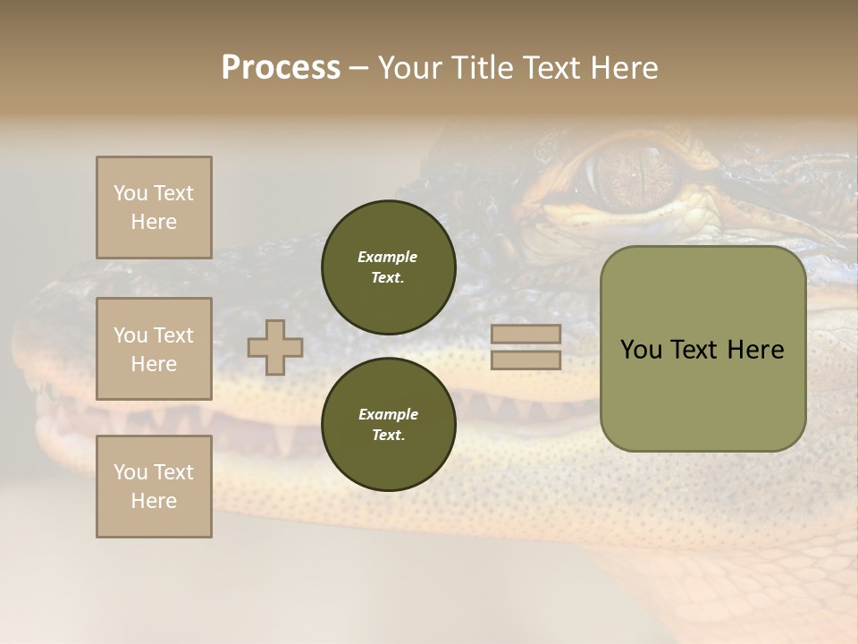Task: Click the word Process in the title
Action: (281, 67)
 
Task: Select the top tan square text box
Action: (154, 208)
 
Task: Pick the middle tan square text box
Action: (154, 349)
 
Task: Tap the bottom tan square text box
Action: (154, 487)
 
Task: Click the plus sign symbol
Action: (275, 347)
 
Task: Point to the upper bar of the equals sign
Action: (526, 334)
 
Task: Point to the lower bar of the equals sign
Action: (526, 360)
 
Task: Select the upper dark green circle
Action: (388, 267)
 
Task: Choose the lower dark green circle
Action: (388, 424)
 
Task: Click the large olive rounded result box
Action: (702, 349)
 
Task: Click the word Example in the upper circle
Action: (388, 257)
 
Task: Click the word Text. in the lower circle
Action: (388, 435)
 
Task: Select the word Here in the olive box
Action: (754, 350)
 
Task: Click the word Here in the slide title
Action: (624, 67)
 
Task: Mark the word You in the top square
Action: (129, 193)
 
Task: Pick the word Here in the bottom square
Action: (154, 501)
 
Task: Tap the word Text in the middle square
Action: (172, 335)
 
